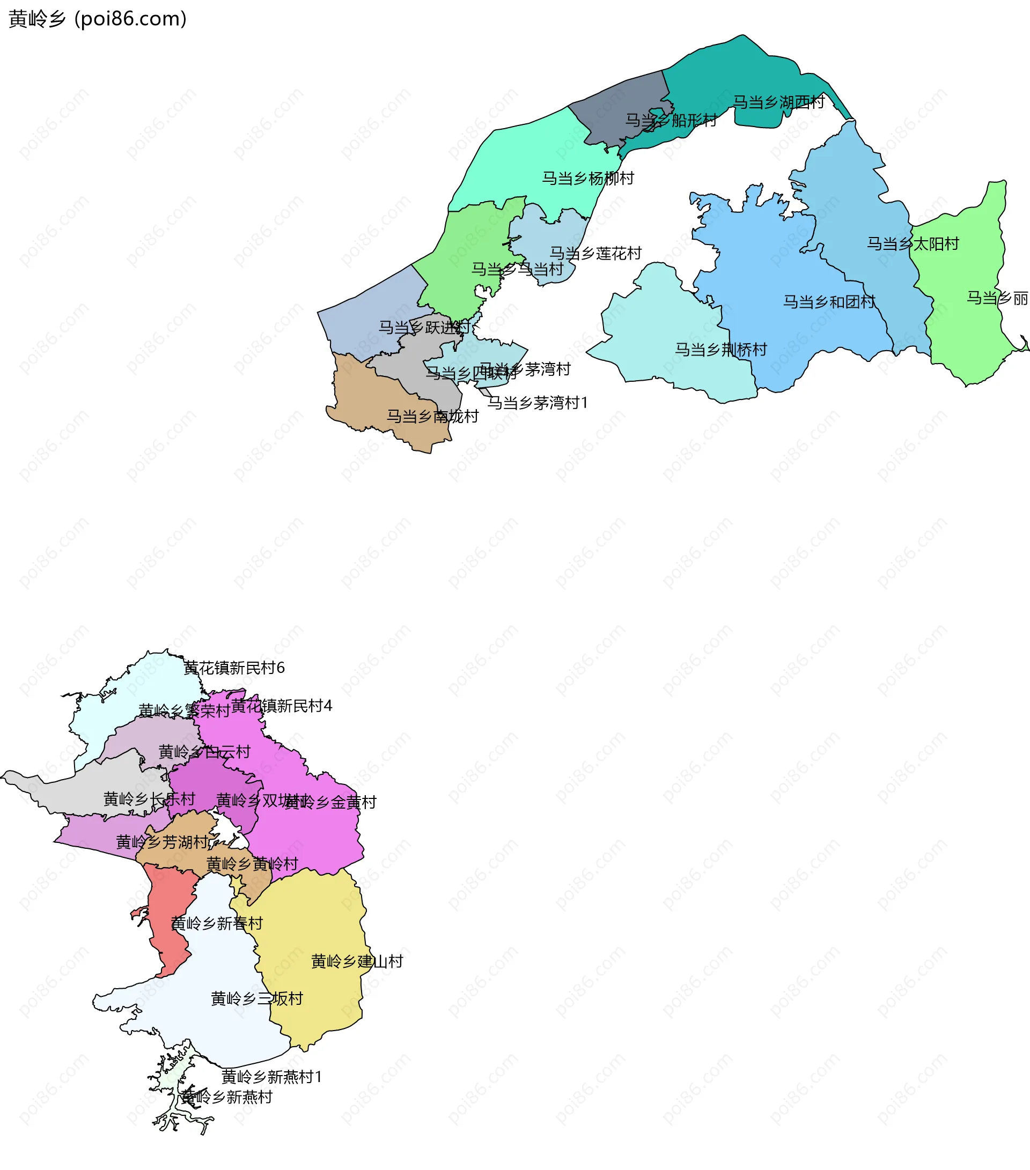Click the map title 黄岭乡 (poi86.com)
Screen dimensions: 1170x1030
tap(97, 19)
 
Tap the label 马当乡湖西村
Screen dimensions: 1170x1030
tap(778, 102)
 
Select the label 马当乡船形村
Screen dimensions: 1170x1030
tap(671, 120)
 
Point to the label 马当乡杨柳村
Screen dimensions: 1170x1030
tap(588, 179)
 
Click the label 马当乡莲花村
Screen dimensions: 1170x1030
tap(595, 253)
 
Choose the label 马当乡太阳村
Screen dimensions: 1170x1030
tap(913, 244)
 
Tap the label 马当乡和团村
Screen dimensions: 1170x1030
tap(829, 302)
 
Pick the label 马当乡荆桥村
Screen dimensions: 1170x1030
tap(721, 349)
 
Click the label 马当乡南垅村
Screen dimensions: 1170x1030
tap(432, 416)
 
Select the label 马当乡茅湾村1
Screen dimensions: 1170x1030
tap(537, 403)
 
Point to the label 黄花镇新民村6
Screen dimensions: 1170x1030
tap(234, 668)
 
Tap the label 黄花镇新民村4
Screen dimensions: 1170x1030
tap(282, 706)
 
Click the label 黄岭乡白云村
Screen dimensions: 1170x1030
tap(204, 752)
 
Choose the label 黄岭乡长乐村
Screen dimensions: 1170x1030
tap(150, 798)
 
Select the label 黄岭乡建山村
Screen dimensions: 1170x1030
tap(357, 961)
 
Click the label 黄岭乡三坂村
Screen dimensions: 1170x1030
tap(256, 998)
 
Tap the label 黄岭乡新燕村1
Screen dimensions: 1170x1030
tap(272, 1077)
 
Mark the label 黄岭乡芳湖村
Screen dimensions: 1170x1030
tap(163, 842)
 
